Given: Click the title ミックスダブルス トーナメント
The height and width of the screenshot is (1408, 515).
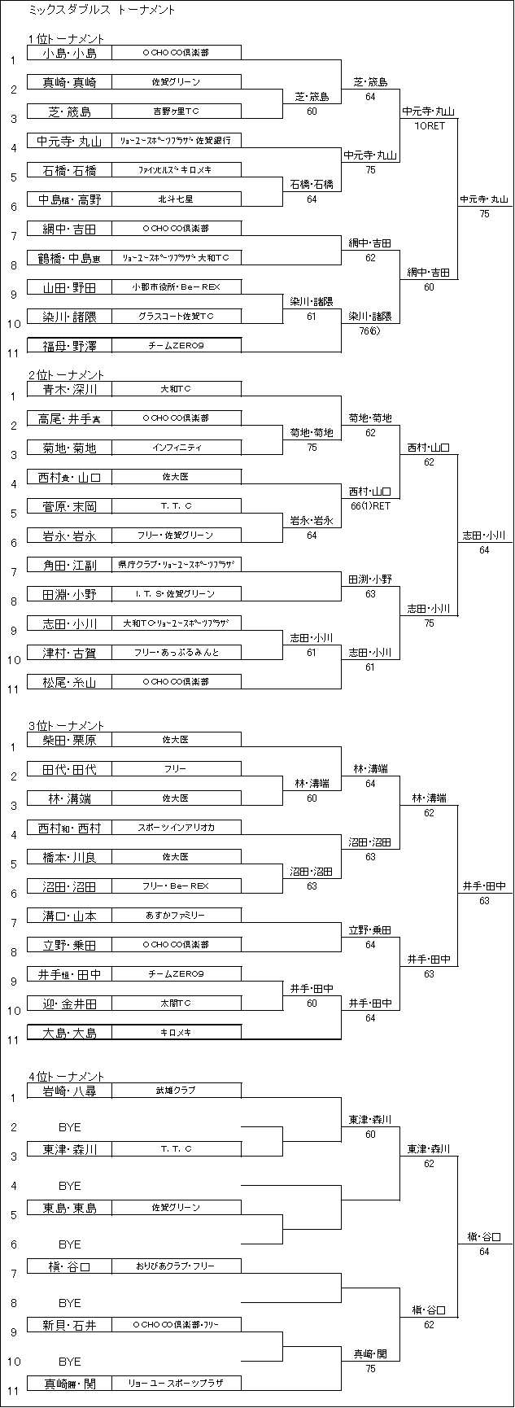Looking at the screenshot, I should point(101,11).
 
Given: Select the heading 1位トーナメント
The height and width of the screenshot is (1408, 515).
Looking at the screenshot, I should point(65,38).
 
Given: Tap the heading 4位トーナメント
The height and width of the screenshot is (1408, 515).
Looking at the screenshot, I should point(65,1076).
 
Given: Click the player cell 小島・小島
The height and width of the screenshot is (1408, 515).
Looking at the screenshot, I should point(69,53).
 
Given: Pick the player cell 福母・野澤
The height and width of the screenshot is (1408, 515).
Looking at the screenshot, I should point(69,346).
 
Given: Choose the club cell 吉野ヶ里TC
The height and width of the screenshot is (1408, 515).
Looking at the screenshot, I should point(176,112).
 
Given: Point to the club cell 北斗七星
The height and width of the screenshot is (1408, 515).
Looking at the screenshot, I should point(176,199).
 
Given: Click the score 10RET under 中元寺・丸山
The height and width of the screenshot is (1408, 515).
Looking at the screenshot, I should point(429,125).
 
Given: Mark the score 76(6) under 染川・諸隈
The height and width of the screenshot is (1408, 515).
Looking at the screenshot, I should point(370,330).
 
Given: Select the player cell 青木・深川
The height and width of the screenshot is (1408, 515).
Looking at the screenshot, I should point(69,389).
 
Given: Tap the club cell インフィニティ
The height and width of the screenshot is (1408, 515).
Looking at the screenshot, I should point(176,448).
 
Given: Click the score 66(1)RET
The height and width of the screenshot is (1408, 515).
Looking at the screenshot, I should point(370,505).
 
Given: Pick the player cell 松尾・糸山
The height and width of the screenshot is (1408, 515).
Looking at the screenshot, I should point(69,681).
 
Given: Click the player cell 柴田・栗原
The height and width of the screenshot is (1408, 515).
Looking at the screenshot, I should point(69,740).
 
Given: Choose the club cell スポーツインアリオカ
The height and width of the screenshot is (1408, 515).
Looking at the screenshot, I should point(176,828).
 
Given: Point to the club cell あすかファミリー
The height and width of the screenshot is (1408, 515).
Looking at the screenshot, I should point(176,916).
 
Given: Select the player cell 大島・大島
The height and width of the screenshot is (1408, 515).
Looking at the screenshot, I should point(69,1033).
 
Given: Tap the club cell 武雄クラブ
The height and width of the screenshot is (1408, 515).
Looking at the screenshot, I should point(176,1091).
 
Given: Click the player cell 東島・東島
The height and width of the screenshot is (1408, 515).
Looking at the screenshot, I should point(69,1208).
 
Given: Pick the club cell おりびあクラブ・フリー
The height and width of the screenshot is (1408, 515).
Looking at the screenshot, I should point(176,1266).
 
